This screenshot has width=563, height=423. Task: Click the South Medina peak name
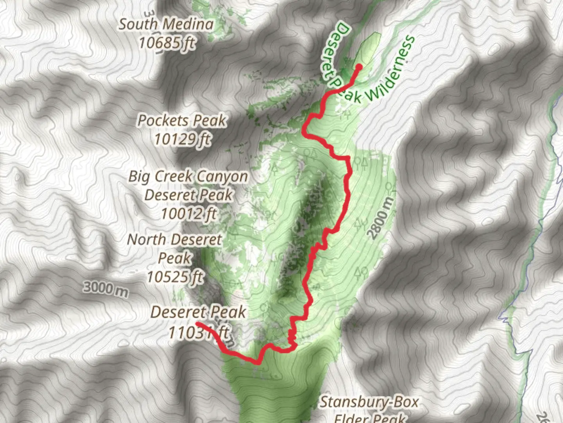166,24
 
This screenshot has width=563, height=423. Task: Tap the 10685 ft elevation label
167,42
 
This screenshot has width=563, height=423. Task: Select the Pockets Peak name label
181,121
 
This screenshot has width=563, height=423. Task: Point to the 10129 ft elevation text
182,139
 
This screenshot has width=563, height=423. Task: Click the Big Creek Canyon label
188,177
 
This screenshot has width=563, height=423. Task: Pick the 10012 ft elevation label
189,214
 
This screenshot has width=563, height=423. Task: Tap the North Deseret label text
174,240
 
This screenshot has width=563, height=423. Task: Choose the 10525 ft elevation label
175,277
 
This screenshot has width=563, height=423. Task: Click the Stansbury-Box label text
369,402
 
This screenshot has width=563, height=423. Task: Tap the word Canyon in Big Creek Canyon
222,177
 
